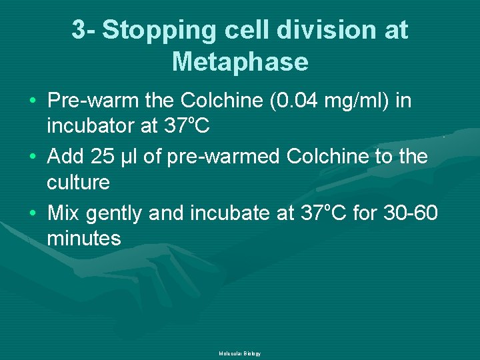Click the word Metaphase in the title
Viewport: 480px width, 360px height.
240,62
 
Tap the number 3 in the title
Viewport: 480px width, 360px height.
79,30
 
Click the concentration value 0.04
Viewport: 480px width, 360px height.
303,101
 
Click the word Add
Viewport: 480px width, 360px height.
65,157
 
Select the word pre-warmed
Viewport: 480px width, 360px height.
213,157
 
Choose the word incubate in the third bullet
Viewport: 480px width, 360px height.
231,213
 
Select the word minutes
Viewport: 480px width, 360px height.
84,238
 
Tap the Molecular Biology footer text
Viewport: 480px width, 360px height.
239,353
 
